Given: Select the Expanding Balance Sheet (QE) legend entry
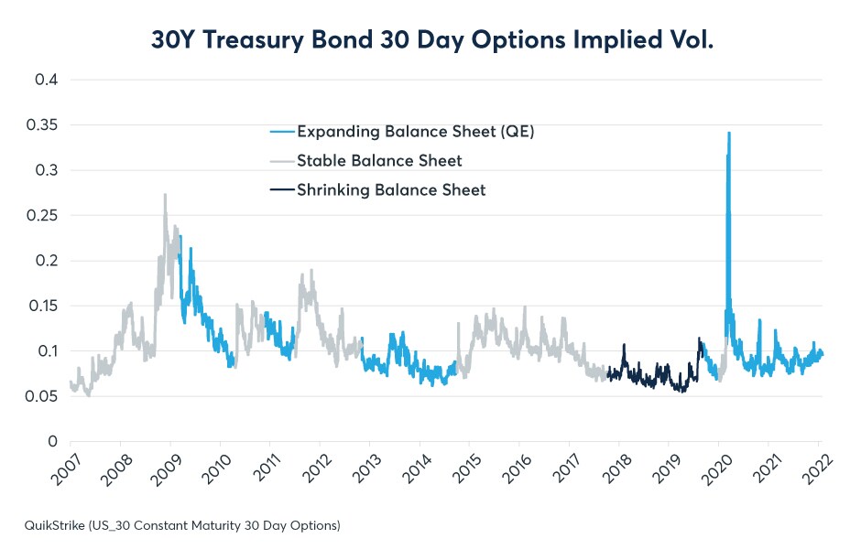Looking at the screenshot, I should point(415,132).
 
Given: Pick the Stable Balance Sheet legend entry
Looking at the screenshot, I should point(379,161).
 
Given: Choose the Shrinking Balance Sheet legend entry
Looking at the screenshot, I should point(391,190).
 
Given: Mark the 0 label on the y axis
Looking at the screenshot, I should point(54,441).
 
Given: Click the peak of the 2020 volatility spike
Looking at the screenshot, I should point(728,133).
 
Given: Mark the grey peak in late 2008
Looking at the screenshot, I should point(165,195).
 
